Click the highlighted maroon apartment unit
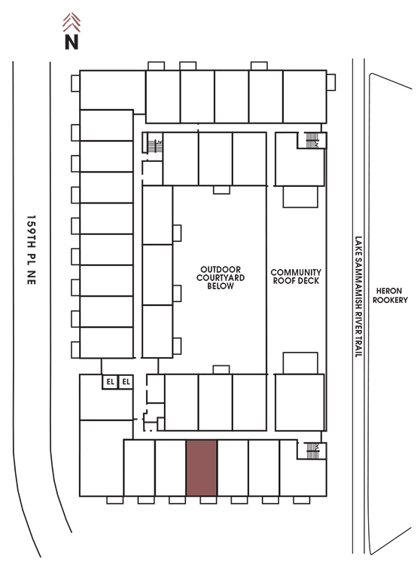point(202,468)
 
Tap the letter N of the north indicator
point(72,41)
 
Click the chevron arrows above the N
point(72,23)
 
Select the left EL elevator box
point(110,382)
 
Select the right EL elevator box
point(126,382)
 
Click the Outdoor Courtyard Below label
point(221,277)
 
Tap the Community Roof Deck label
point(296,276)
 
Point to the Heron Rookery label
point(390,295)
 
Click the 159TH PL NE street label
point(32,249)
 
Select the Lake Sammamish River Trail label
point(358,297)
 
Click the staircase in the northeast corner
point(312,140)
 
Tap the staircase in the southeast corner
point(312,450)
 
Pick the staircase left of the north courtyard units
point(155,145)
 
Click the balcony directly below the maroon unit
point(208,499)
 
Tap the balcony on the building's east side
point(331,83)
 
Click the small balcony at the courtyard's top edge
point(221,190)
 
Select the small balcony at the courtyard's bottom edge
point(221,370)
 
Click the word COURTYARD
point(221,277)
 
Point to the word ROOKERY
point(390,300)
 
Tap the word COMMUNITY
point(296,272)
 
